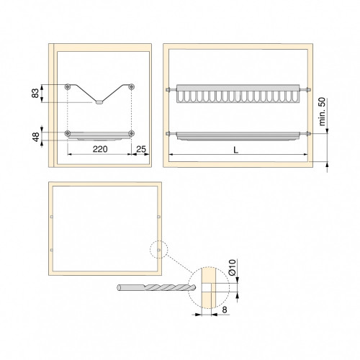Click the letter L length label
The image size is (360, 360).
(x=236, y=149)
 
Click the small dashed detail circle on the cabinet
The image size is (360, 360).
(x=158, y=249)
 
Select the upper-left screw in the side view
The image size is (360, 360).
(x=67, y=86)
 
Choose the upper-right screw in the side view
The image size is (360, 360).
(x=131, y=86)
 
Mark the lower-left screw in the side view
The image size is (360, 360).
(x=67, y=133)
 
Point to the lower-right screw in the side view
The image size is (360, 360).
(x=131, y=133)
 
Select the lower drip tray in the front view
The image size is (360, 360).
(x=236, y=135)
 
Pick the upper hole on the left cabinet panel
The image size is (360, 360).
(x=53, y=216)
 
